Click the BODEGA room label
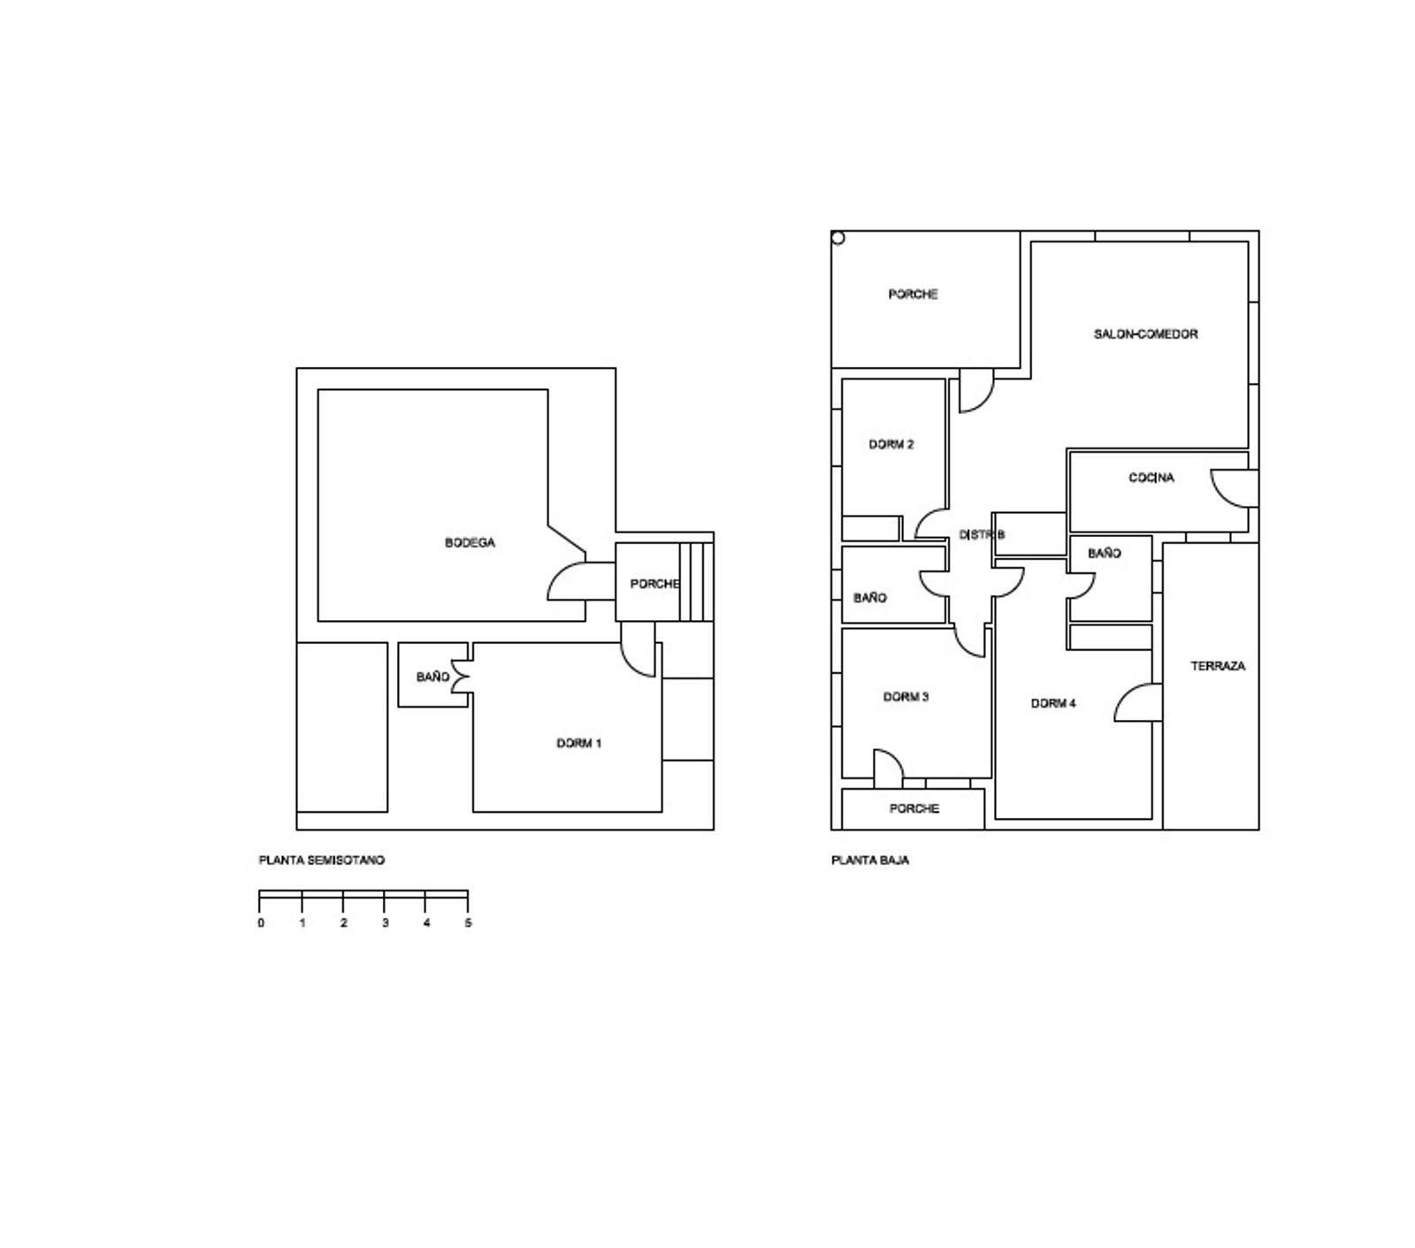(470, 543)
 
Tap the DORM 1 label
(579, 744)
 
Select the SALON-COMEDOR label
(1145, 334)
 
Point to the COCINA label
(1151, 479)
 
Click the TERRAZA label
(1218, 666)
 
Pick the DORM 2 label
(891, 445)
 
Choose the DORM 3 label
(906, 697)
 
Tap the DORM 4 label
(1053, 704)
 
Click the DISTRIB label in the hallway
(982, 535)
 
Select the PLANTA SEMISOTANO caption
(322, 861)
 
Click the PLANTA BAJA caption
(870, 861)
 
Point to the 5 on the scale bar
(468, 923)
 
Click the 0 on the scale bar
(261, 923)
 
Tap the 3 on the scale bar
(385, 923)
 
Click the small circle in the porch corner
(838, 238)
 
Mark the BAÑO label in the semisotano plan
(432, 678)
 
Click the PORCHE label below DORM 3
(914, 809)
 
